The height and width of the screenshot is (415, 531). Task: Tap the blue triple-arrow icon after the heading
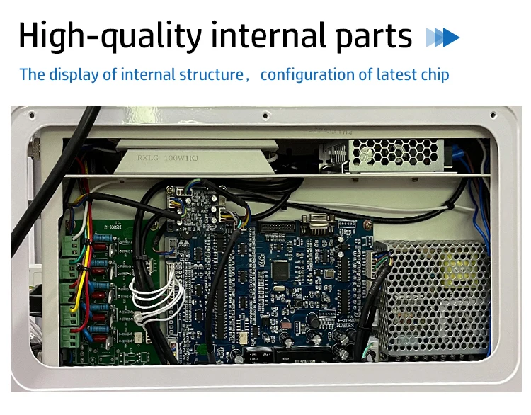point(442,37)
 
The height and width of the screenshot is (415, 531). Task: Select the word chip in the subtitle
point(434,74)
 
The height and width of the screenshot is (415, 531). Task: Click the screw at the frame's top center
point(265,114)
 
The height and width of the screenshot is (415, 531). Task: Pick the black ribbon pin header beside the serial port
point(275,228)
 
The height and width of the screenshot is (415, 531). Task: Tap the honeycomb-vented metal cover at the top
point(396,152)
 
